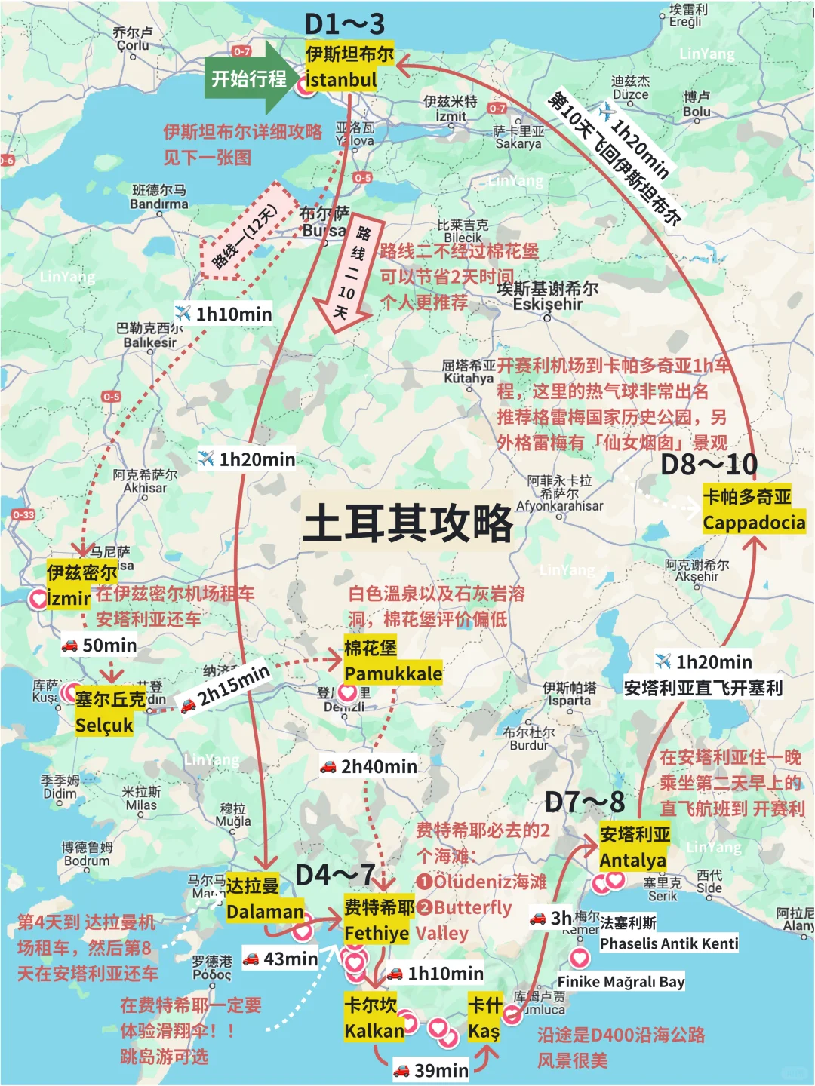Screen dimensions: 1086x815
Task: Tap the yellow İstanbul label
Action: tap(341, 79)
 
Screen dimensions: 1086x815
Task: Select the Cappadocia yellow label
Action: tap(754, 522)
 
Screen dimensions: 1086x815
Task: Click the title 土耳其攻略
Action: tap(407, 523)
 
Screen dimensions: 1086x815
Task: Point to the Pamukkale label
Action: tap(393, 673)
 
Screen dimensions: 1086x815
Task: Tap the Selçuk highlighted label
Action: tap(104, 725)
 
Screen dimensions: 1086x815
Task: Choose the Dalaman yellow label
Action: tap(265, 911)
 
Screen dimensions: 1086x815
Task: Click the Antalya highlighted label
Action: tap(633, 860)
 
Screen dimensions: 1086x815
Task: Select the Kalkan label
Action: tap(374, 1030)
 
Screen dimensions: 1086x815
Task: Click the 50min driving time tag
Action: tap(101, 646)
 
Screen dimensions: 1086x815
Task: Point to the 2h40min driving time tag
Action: tap(369, 766)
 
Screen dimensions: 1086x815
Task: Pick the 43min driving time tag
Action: tap(281, 959)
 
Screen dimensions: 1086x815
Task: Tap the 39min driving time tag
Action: tap(432, 1070)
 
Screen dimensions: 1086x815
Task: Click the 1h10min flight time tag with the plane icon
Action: tap(224, 314)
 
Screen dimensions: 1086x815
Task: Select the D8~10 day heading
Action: tap(709, 465)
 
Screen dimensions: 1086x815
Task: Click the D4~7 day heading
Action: tap(335, 875)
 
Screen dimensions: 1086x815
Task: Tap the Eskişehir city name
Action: tap(548, 304)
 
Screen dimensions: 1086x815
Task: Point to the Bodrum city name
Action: tap(87, 861)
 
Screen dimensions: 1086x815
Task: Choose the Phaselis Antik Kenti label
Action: tap(669, 943)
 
